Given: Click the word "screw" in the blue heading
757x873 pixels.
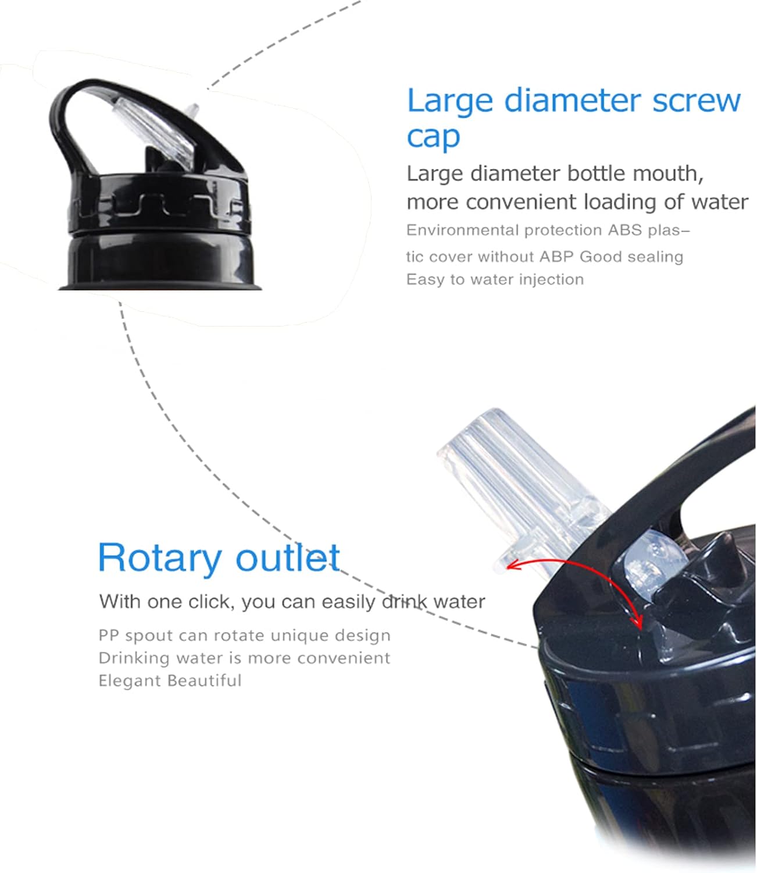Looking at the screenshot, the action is point(697,101).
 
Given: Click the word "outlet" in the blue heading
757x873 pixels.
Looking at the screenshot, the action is point(288,557).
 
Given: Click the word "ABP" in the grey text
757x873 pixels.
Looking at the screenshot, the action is point(556,257).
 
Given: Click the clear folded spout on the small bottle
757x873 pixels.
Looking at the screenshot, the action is point(156,130).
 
